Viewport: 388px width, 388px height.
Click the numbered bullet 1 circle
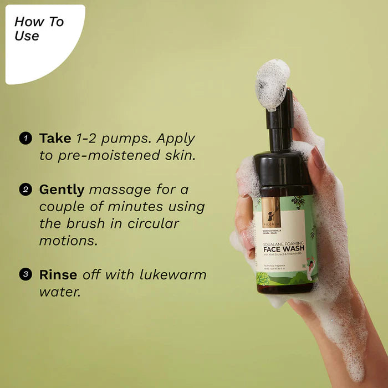(25, 138)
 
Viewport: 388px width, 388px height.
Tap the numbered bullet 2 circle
(25, 190)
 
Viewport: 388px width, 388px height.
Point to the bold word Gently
(62, 190)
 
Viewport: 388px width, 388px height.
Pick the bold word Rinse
(58, 274)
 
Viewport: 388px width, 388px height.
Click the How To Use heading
(38, 29)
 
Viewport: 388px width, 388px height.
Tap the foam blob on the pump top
(273, 83)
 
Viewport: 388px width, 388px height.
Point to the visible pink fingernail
(318, 157)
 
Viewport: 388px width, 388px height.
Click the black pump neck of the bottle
(279, 125)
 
